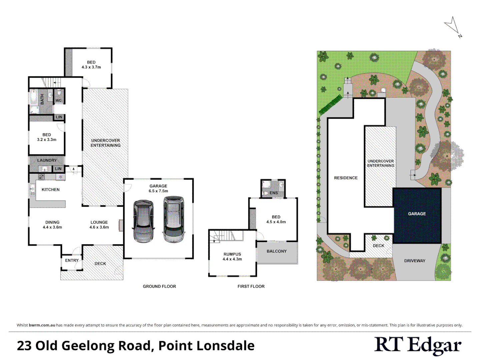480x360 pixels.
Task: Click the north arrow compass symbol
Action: tap(453, 26)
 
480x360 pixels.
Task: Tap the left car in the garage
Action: tap(143, 221)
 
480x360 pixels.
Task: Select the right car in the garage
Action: tap(174, 219)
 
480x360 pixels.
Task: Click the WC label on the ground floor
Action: tap(59, 100)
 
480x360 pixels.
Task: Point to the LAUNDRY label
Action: tap(47, 160)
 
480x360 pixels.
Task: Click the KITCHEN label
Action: tap(51, 190)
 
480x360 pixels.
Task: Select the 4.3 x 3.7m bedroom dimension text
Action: tap(91, 67)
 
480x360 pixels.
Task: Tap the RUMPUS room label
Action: tap(232, 254)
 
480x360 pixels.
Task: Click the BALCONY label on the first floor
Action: tap(277, 251)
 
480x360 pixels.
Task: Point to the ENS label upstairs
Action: tap(274, 193)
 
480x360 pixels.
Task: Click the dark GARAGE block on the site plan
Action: tap(417, 214)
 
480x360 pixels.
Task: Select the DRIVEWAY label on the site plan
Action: tap(415, 261)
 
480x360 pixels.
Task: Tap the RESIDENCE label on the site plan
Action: tap(346, 178)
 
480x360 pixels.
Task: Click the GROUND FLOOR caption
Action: tap(159, 286)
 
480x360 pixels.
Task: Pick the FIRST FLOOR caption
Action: tap(251, 286)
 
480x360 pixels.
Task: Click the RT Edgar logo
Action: tap(418, 345)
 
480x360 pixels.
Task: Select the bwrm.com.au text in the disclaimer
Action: tap(42, 325)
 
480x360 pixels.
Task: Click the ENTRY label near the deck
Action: tap(72, 261)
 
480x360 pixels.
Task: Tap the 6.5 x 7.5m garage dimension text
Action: tap(158, 191)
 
